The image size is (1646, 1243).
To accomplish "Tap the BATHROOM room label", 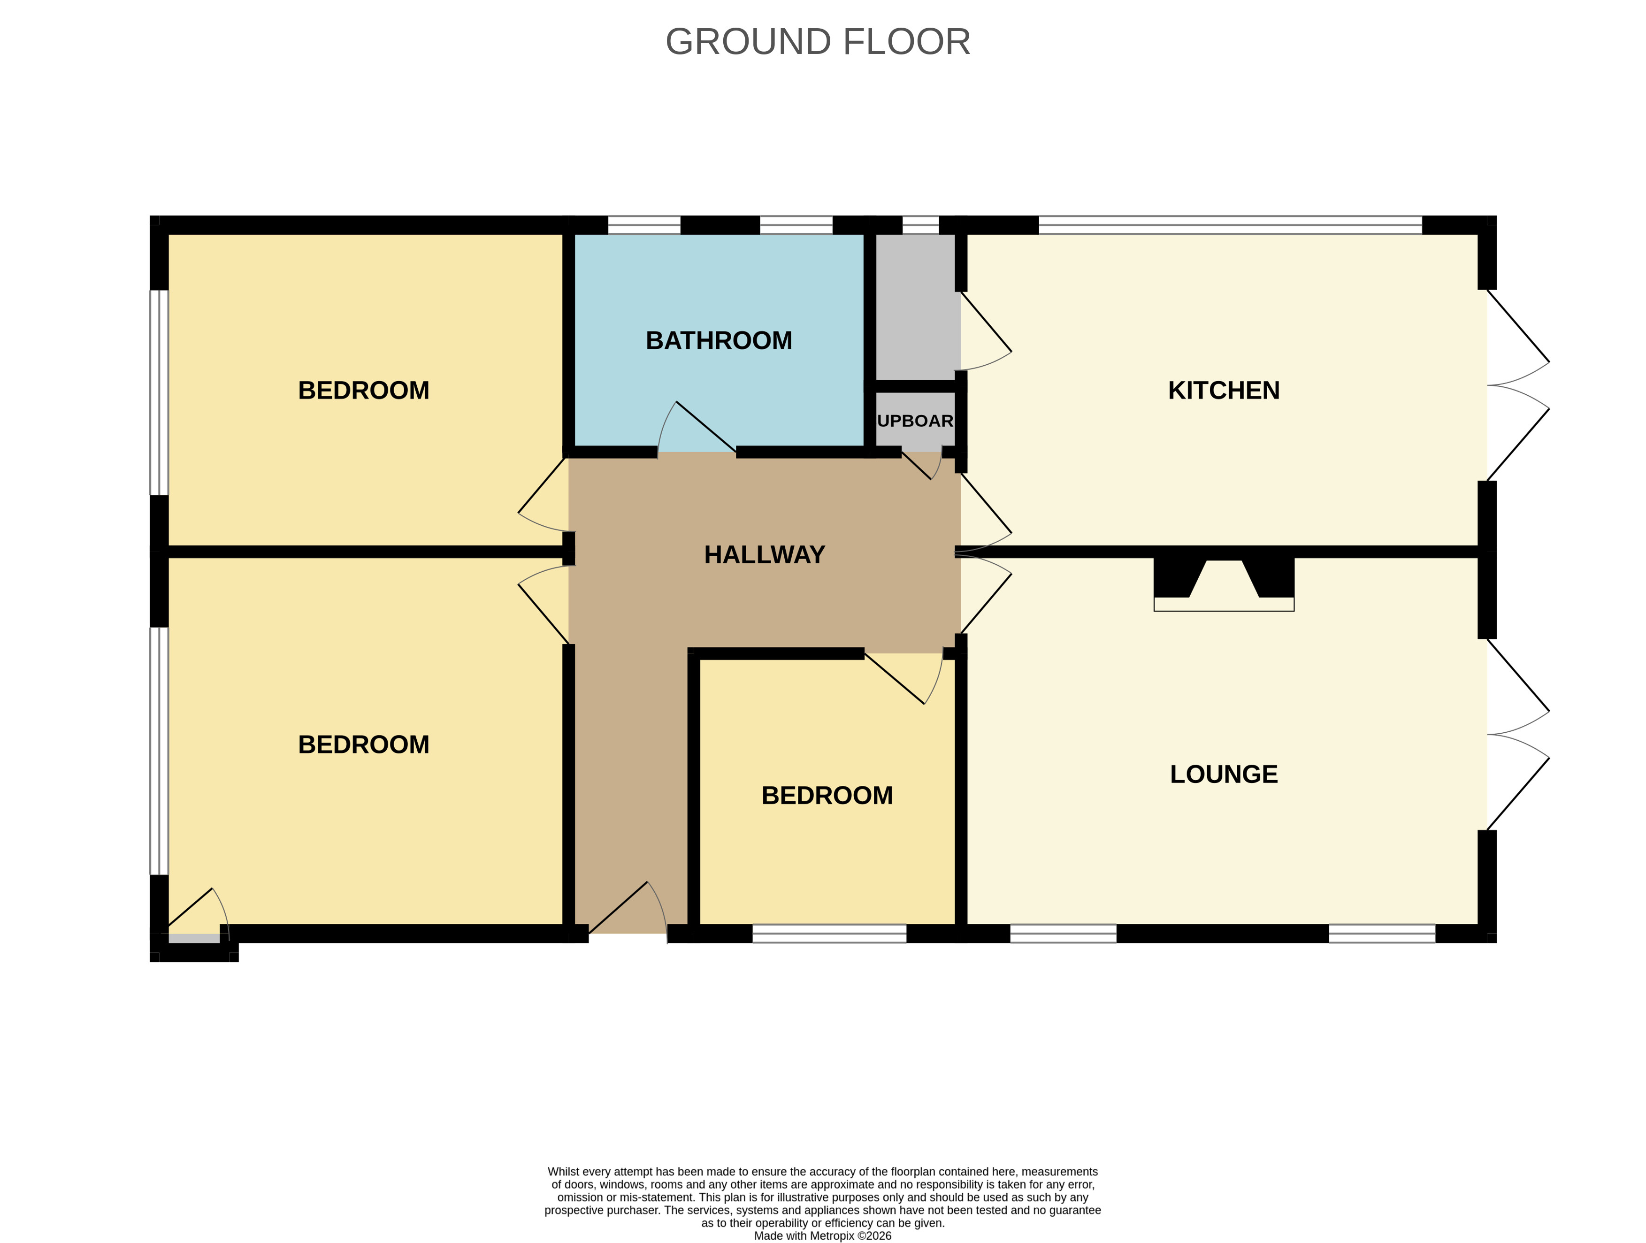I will click(x=719, y=341).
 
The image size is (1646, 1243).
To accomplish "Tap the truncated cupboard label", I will click(x=915, y=421).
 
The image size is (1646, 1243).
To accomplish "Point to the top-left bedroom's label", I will click(x=363, y=391).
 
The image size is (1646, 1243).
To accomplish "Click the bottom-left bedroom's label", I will click(x=363, y=745).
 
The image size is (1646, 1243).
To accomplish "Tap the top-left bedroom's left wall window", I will click(x=159, y=392).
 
